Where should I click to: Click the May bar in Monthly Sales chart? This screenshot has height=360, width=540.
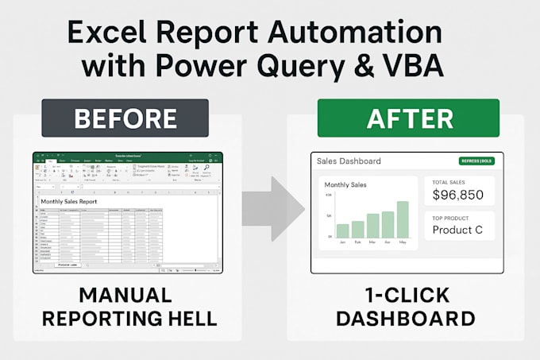403,219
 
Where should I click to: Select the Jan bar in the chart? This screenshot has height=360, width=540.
342,230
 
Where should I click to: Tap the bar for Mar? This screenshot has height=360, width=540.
372,226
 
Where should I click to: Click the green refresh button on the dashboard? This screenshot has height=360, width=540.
476,161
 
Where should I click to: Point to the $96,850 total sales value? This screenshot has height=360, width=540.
458,194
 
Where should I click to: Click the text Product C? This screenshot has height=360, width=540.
458,230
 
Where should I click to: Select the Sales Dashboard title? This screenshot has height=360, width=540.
349,161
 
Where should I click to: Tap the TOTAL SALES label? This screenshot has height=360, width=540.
447,181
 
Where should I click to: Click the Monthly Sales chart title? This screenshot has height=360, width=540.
345,184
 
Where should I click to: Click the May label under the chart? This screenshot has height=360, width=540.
403,242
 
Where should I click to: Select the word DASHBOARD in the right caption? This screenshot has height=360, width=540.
405,319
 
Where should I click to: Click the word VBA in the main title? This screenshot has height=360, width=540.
412,65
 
